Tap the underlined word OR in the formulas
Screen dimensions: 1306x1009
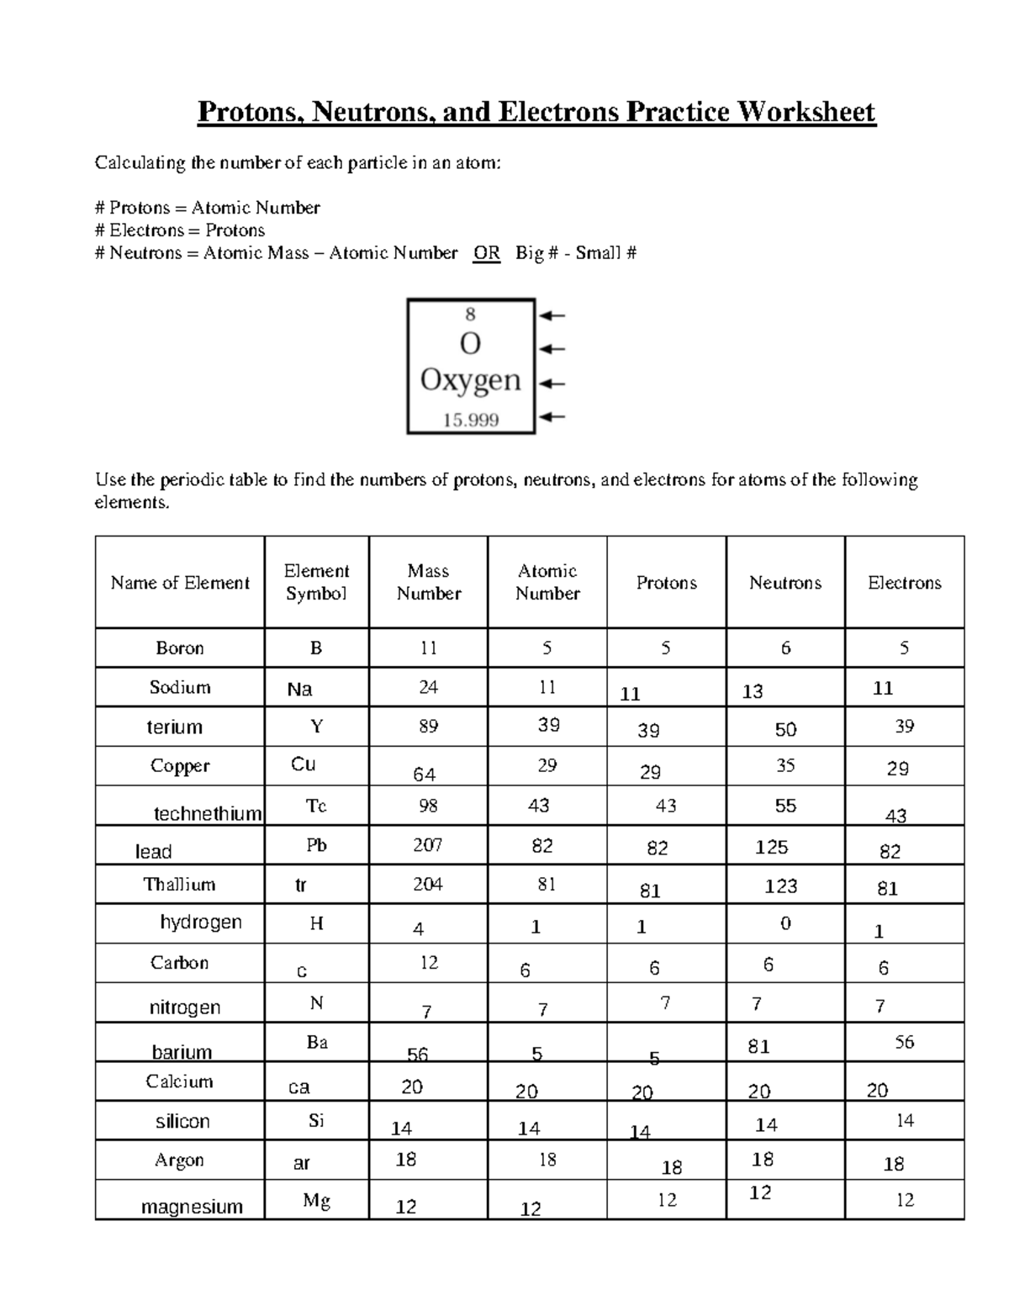pyautogui.click(x=486, y=253)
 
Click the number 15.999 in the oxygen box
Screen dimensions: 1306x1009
pyautogui.click(x=471, y=420)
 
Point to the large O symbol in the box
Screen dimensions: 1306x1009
pyautogui.click(x=470, y=344)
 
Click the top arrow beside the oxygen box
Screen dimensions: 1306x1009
pyautogui.click(x=552, y=316)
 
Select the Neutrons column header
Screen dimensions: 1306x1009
pyautogui.click(x=784, y=583)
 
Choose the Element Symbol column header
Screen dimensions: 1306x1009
pyautogui.click(x=316, y=582)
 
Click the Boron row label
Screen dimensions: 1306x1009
pyautogui.click(x=180, y=648)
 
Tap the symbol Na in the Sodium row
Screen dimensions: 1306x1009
pyautogui.click(x=299, y=690)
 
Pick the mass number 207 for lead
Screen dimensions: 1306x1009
pyautogui.click(x=427, y=844)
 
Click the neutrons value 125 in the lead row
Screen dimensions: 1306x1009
pyautogui.click(x=771, y=847)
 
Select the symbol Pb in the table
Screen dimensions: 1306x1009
pyautogui.click(x=316, y=845)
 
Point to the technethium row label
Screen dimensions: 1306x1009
pyautogui.click(x=208, y=813)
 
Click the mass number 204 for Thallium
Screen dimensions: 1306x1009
pyautogui.click(x=428, y=884)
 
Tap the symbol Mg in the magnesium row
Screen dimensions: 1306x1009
pyautogui.click(x=316, y=1201)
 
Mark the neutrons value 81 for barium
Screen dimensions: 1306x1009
pyautogui.click(x=758, y=1046)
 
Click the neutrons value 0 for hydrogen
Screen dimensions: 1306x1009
pyautogui.click(x=785, y=923)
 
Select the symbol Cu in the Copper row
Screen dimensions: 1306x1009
pyautogui.click(x=304, y=764)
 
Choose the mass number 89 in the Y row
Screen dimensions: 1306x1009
pyautogui.click(x=428, y=726)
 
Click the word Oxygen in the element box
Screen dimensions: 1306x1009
pyautogui.click(x=470, y=380)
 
